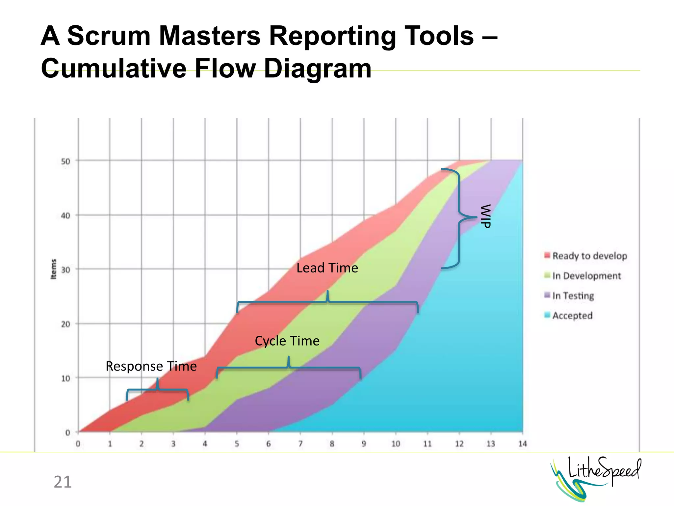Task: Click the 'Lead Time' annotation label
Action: pyautogui.click(x=327, y=268)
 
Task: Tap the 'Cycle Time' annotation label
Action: pyautogui.click(x=287, y=341)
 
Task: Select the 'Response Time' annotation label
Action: pyautogui.click(x=151, y=366)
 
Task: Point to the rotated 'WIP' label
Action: pyautogui.click(x=486, y=216)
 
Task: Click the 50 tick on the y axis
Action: pyautogui.click(x=66, y=161)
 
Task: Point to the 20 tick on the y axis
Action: pyautogui.click(x=66, y=324)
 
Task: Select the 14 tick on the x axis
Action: pyautogui.click(x=523, y=444)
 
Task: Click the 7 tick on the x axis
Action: pyautogui.click(x=300, y=444)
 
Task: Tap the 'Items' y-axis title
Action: pyautogui.click(x=54, y=269)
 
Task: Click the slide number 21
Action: pyautogui.click(x=63, y=482)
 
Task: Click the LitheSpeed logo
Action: pyautogui.click(x=596, y=478)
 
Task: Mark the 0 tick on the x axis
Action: pyautogui.click(x=78, y=444)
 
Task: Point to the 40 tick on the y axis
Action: pyautogui.click(x=66, y=216)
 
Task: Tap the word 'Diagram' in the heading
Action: pyautogui.click(x=318, y=69)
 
